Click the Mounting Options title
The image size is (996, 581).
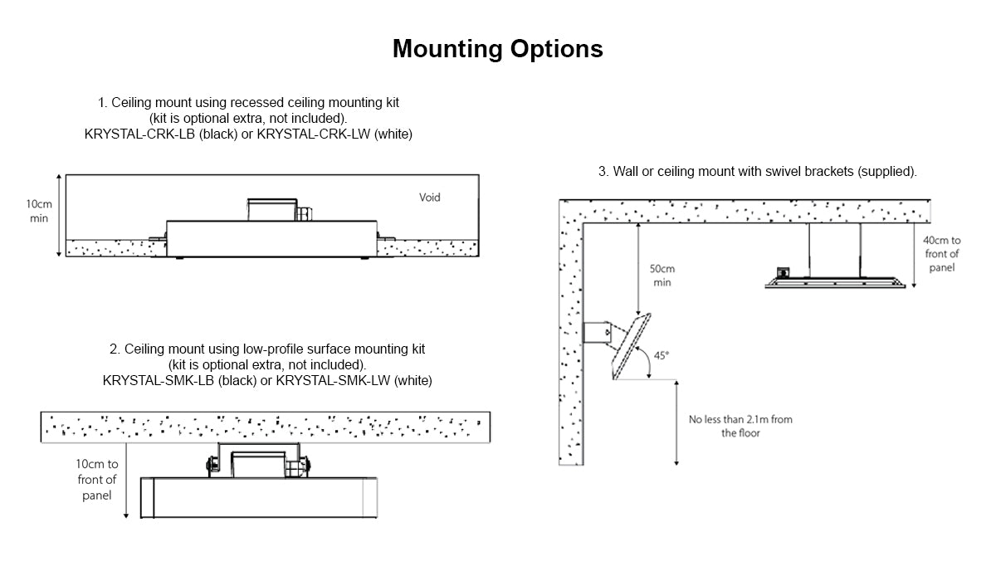click(x=497, y=49)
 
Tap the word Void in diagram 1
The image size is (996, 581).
click(x=429, y=198)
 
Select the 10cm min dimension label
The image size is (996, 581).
click(x=38, y=210)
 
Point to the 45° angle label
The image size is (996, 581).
click(x=662, y=356)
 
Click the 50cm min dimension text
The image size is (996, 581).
click(x=662, y=276)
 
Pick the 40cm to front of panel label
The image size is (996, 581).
click(x=942, y=254)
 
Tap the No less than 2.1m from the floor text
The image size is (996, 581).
click(x=740, y=426)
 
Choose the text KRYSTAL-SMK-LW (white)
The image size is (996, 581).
click(x=354, y=380)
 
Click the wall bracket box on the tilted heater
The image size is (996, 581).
click(x=598, y=333)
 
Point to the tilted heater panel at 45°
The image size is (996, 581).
click(x=631, y=347)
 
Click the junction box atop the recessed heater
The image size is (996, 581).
click(x=272, y=209)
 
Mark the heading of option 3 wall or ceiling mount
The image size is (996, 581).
click(x=757, y=172)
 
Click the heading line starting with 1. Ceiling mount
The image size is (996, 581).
click(x=249, y=103)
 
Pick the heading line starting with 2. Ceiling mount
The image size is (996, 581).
click(x=267, y=349)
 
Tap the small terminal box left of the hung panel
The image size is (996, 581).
click(x=781, y=271)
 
